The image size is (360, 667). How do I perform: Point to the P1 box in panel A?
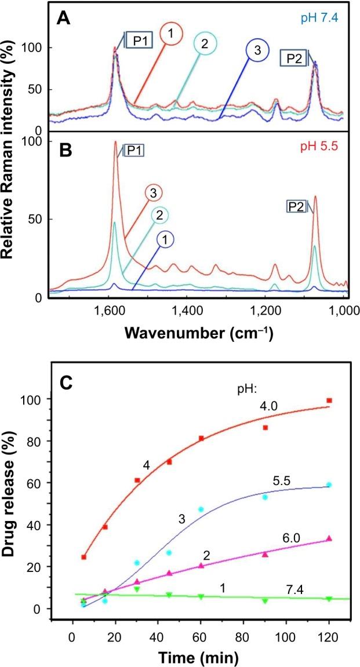(x=137, y=43)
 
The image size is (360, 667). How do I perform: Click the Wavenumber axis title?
(x=197, y=334)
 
